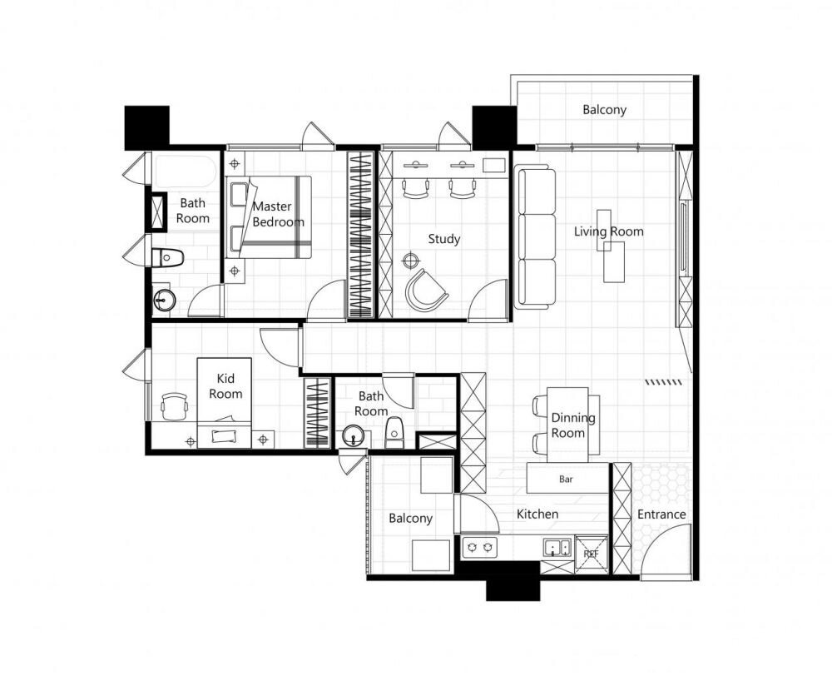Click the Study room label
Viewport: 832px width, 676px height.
pyautogui.click(x=444, y=240)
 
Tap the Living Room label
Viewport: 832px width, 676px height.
pyautogui.click(x=609, y=231)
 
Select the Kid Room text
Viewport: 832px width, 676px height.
pyautogui.click(x=225, y=386)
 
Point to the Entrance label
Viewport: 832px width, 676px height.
pyautogui.click(x=661, y=514)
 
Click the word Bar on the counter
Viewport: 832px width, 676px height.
pyautogui.click(x=566, y=479)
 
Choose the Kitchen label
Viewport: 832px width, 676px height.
pyautogui.click(x=537, y=514)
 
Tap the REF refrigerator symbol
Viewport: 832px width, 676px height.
pyautogui.click(x=591, y=554)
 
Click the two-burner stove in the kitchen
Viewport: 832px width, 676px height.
pyautogui.click(x=480, y=547)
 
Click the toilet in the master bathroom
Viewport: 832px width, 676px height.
pyautogui.click(x=167, y=258)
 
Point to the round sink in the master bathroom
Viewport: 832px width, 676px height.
pyautogui.click(x=164, y=300)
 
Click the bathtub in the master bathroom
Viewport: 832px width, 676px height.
pyautogui.click(x=186, y=171)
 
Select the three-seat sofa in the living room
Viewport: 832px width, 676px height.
pyautogui.click(x=535, y=236)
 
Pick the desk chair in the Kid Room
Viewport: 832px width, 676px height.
pyautogui.click(x=174, y=406)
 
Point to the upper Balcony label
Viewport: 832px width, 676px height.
pyautogui.click(x=604, y=110)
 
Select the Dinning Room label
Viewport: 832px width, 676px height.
pyautogui.click(x=572, y=425)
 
